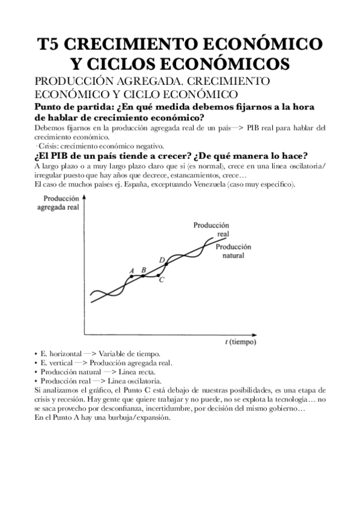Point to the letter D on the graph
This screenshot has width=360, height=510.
coord(162,260)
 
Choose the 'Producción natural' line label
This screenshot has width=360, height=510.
coord(234,251)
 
